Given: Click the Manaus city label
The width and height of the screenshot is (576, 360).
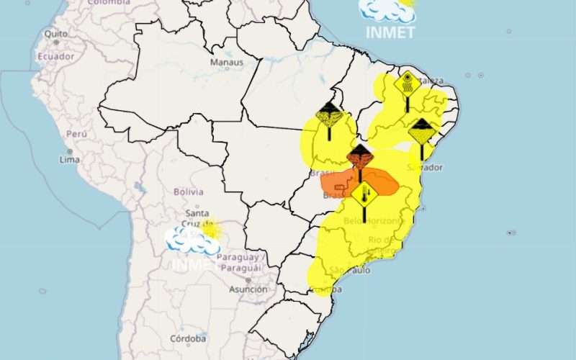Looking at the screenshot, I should (225, 63).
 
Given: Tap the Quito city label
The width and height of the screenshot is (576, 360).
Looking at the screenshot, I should (56, 34).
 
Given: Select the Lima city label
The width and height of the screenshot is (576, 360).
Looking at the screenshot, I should (70, 159).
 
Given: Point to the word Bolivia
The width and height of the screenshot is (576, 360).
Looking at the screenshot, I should (189, 192).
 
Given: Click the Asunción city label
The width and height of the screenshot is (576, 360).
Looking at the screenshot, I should (248, 289).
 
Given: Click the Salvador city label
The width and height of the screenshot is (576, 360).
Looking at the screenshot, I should (424, 167).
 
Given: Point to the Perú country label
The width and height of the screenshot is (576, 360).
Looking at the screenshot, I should (76, 134).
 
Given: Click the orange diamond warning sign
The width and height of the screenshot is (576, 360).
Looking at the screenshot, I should (359, 156).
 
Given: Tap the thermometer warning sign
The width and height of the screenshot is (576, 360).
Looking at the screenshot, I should (365, 194).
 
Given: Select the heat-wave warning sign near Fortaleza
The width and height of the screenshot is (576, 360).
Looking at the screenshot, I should (407, 84).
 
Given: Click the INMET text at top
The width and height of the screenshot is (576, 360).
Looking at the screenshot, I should (390, 32).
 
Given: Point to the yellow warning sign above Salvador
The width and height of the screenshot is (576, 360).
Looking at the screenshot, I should (421, 131).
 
